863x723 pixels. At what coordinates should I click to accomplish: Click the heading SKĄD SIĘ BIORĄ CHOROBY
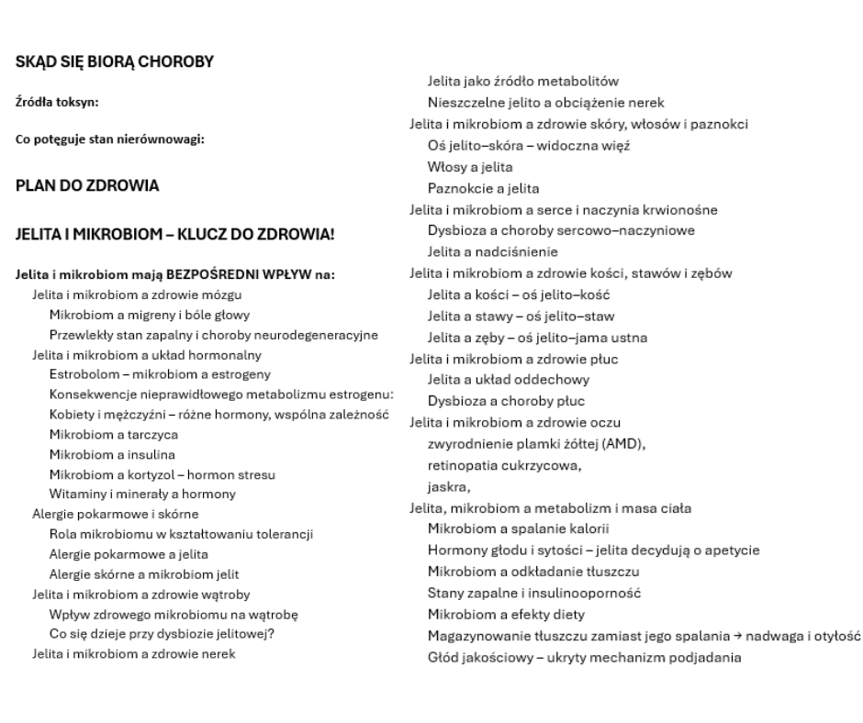point(115,62)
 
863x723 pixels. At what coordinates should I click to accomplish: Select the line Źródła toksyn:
point(56,101)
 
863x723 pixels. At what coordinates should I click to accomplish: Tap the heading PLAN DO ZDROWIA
point(87,185)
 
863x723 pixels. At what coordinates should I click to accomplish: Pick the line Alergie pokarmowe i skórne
point(116,514)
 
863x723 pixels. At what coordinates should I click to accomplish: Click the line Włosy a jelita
point(470,168)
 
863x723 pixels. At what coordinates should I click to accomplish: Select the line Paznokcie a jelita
point(484,188)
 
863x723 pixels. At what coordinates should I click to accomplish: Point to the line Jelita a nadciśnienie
point(493,251)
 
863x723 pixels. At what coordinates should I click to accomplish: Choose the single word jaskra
point(447,486)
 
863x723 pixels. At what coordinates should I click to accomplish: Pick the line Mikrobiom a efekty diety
point(506,615)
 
